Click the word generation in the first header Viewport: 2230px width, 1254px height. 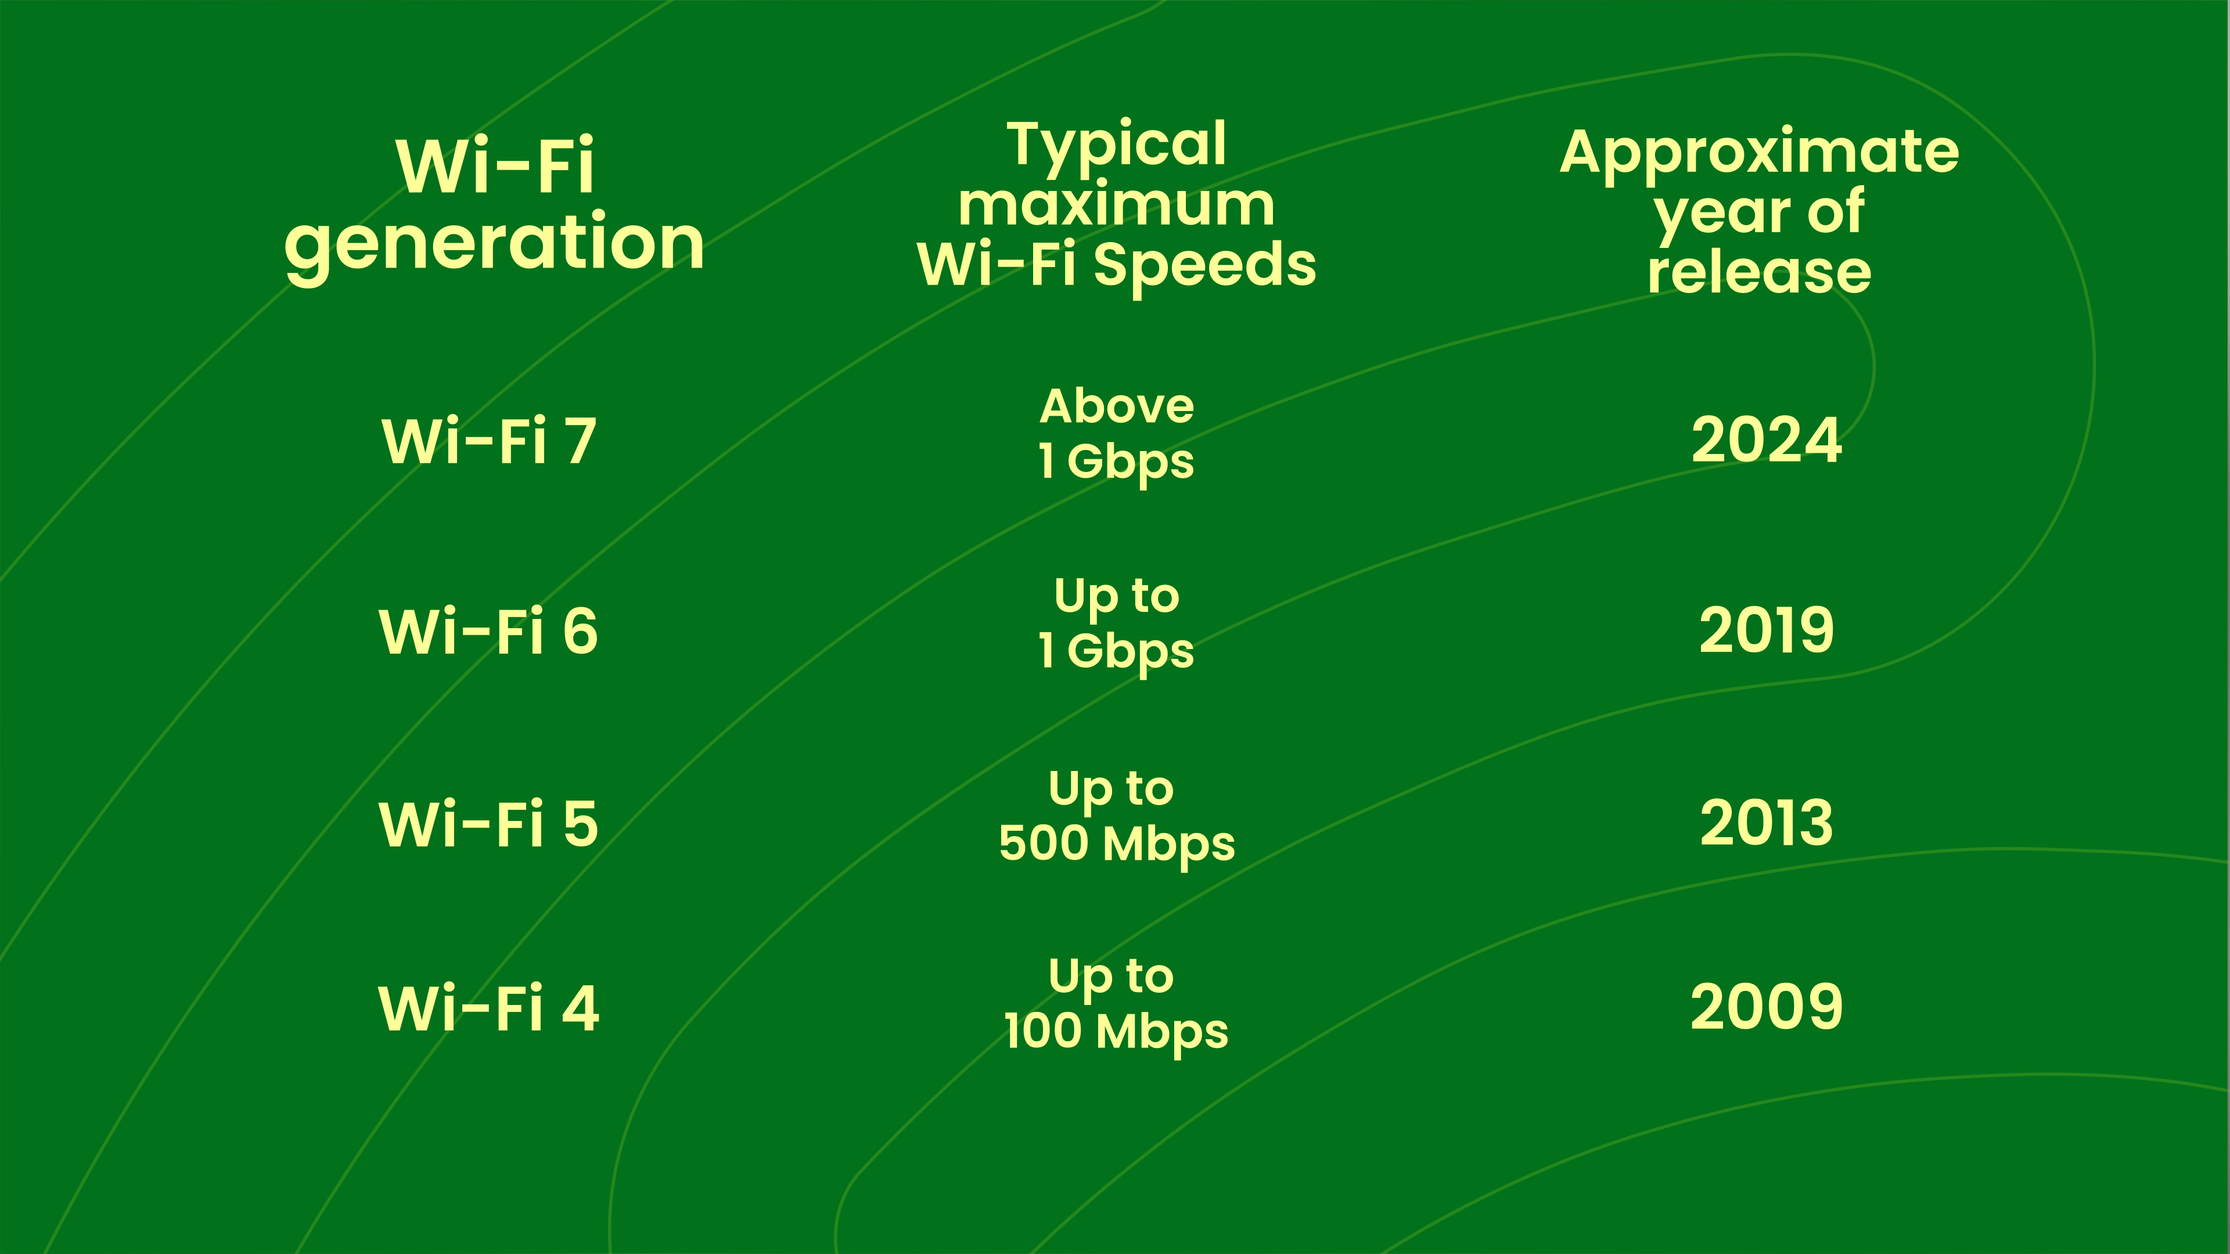click(x=494, y=245)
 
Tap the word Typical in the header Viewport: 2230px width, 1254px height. click(x=1117, y=145)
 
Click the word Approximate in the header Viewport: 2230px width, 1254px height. click(x=1759, y=154)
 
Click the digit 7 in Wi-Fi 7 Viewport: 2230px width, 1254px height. click(x=582, y=441)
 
